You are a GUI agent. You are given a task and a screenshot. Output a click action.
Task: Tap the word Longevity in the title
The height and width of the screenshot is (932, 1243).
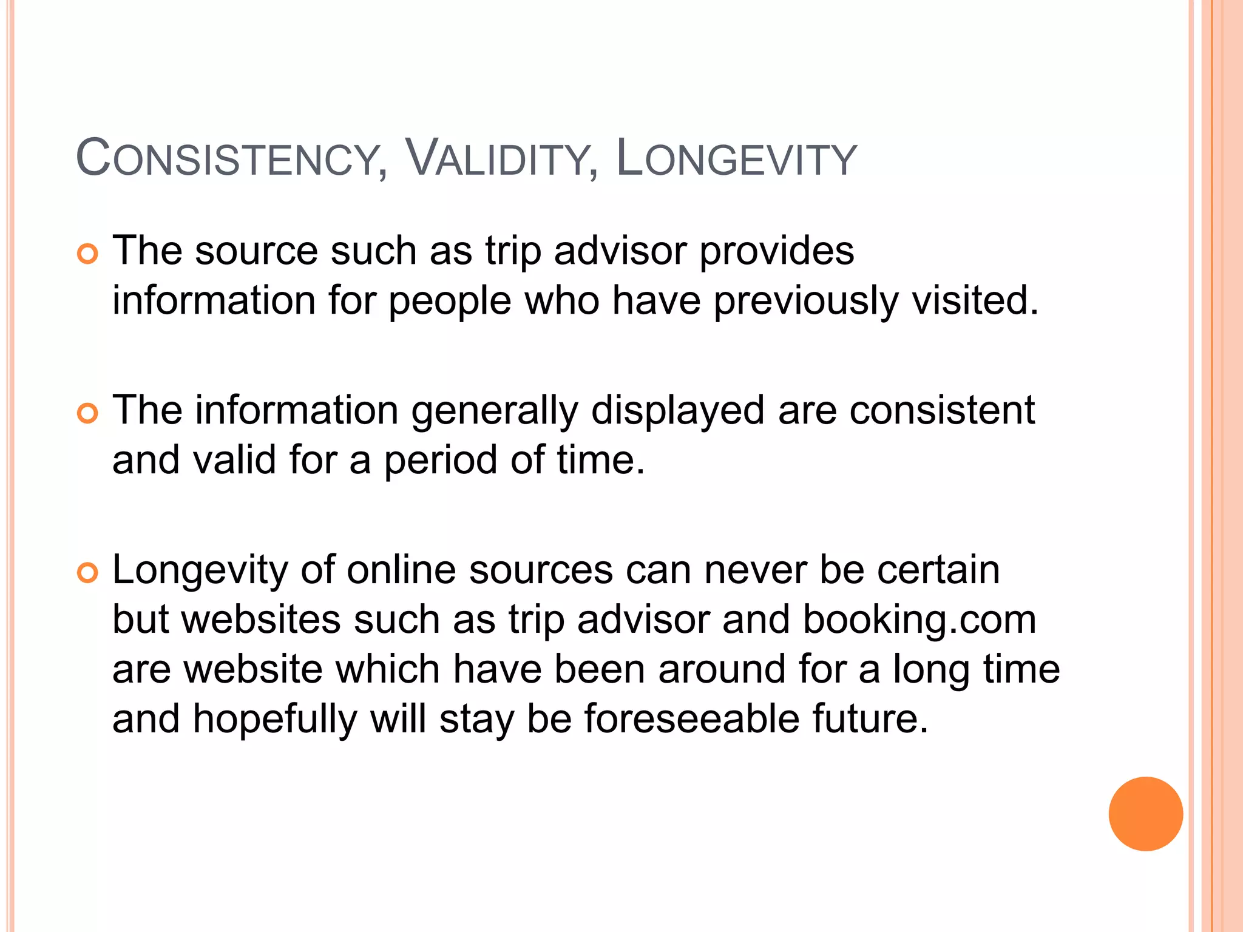tap(736, 159)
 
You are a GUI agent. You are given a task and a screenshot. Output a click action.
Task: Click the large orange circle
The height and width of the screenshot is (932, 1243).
tap(1145, 814)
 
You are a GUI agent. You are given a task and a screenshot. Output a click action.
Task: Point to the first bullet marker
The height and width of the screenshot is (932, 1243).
tap(88, 254)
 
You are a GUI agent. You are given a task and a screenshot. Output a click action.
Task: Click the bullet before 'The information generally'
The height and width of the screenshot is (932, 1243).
tap(88, 414)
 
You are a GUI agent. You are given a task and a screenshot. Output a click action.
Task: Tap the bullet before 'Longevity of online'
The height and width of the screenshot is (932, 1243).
tap(88, 573)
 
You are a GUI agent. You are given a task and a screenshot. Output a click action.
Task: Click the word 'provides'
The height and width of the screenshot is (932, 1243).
tap(776, 251)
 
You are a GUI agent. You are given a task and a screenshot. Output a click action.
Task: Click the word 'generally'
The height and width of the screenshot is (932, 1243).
tap(495, 411)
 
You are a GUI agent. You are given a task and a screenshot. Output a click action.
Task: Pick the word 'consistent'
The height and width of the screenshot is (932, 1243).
tap(942, 410)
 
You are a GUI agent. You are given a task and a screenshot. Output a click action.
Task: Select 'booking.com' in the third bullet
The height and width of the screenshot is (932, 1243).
tap(920, 620)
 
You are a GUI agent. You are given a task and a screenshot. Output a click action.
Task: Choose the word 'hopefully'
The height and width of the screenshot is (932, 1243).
tap(274, 720)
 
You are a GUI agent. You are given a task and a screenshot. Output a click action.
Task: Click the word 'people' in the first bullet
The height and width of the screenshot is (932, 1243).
tap(450, 301)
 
